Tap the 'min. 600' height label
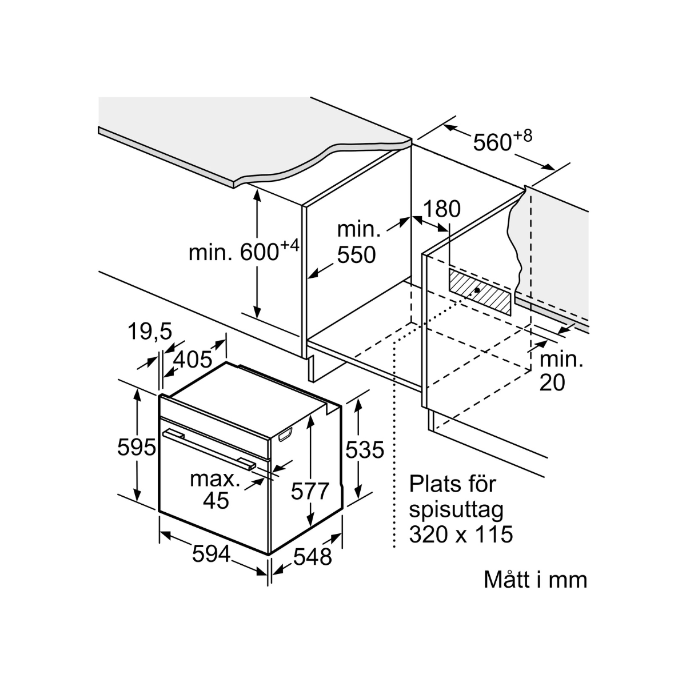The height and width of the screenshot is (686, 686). (x=244, y=252)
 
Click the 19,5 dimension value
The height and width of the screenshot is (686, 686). (x=149, y=332)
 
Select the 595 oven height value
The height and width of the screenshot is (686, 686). (x=137, y=447)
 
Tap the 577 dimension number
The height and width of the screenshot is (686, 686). (x=310, y=491)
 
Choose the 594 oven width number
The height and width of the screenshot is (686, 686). (x=211, y=553)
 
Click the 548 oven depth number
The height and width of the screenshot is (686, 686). (x=313, y=556)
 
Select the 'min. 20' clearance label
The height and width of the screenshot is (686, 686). (x=560, y=371)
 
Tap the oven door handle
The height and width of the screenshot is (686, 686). (x=209, y=449)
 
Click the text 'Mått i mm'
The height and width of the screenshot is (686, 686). (x=535, y=580)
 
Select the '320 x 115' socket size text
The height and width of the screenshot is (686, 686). (x=461, y=535)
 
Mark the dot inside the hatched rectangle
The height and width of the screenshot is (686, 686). (x=477, y=290)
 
